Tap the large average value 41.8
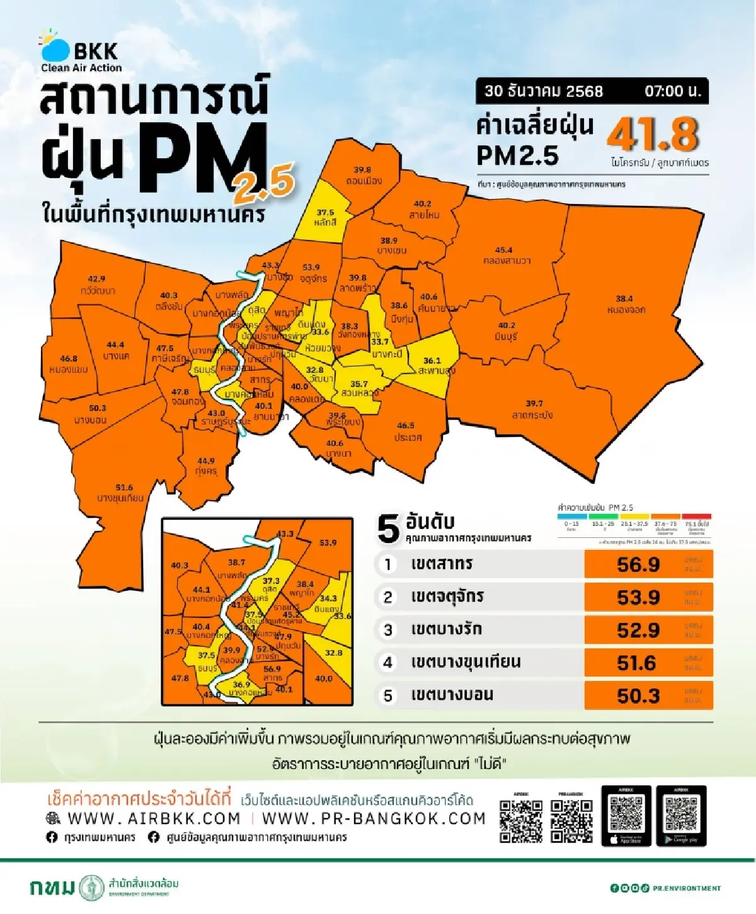pyautogui.click(x=653, y=134)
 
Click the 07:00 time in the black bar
pyautogui.click(x=672, y=91)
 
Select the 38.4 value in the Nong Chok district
pyautogui.click(x=624, y=299)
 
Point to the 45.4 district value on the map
pyautogui.click(x=503, y=249)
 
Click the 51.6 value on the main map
pyautogui.click(x=124, y=487)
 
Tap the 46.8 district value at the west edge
pyautogui.click(x=69, y=358)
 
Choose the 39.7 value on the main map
pyautogui.click(x=534, y=403)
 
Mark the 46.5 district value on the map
pyautogui.click(x=406, y=425)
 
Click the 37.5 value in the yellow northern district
pyautogui.click(x=325, y=213)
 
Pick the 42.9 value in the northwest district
pyautogui.click(x=96, y=278)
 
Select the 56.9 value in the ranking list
pyautogui.click(x=638, y=564)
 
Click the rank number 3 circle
pyautogui.click(x=388, y=630)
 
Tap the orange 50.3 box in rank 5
pyautogui.click(x=648, y=695)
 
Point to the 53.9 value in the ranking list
pyautogui.click(x=638, y=597)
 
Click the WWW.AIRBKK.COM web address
pyautogui.click(x=154, y=818)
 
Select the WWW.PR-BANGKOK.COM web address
pyautogui.click(x=374, y=818)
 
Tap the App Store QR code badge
pyautogui.click(x=626, y=816)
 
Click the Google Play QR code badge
pyautogui.click(x=681, y=816)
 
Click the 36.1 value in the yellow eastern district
pyautogui.click(x=432, y=361)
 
